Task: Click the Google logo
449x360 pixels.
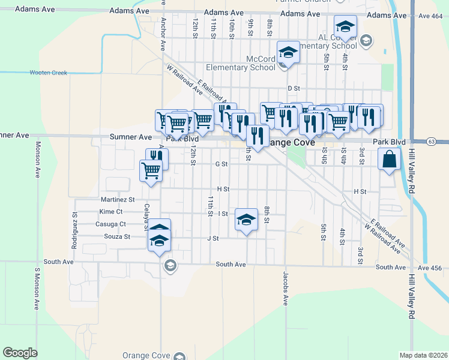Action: (x=20, y=352)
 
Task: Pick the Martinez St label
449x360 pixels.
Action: (x=118, y=199)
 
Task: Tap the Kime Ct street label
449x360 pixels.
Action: (x=111, y=212)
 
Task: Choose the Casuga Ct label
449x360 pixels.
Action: (x=111, y=224)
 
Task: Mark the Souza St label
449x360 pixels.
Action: (x=118, y=237)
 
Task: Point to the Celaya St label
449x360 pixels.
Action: (x=146, y=216)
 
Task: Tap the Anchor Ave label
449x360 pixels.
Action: (x=163, y=33)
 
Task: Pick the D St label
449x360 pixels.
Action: (x=294, y=89)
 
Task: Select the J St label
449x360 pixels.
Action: (x=212, y=238)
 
